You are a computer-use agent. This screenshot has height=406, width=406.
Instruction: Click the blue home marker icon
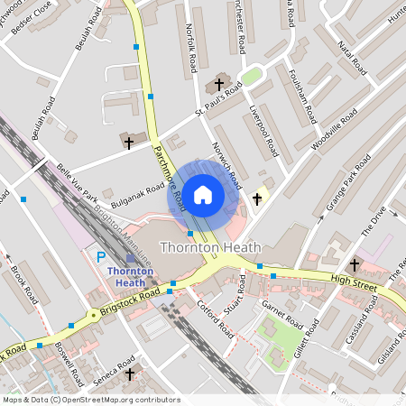[203, 194]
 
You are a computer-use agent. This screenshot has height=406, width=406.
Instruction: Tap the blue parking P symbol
[100, 257]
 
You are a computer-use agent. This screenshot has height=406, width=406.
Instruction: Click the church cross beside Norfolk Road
[217, 87]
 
